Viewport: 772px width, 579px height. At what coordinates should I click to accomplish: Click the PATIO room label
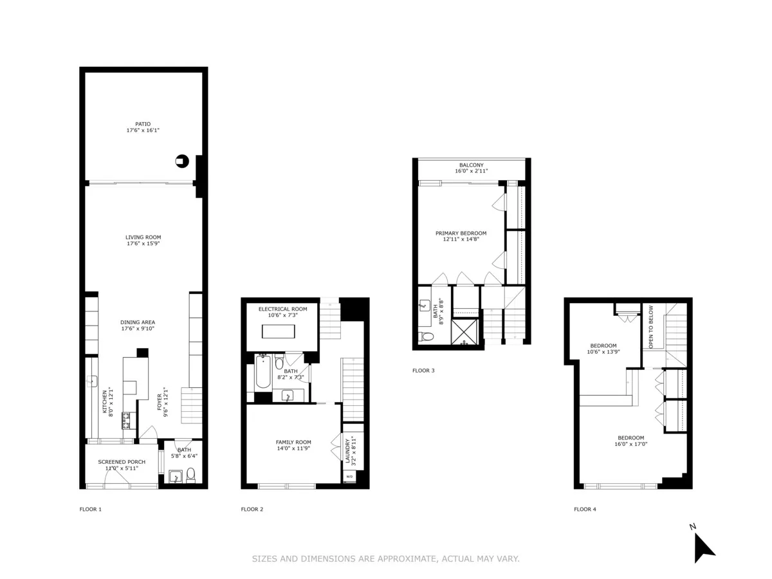143,124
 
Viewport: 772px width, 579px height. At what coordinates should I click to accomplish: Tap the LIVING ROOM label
143,237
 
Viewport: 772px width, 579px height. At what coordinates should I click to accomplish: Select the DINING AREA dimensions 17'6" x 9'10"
138,329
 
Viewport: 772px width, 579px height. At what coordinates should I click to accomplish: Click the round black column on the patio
182,161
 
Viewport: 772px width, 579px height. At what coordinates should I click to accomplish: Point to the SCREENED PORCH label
122,462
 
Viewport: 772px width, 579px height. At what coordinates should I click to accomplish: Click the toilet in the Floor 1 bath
190,476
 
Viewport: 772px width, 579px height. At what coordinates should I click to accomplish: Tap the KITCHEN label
104,402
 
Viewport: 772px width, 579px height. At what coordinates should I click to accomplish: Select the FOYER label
160,402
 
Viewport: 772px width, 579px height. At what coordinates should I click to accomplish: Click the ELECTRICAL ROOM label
283,309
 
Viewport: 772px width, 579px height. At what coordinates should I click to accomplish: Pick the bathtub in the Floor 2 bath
262,373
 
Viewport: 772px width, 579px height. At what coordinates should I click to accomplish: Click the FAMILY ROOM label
293,442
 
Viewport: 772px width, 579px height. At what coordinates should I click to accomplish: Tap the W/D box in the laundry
350,477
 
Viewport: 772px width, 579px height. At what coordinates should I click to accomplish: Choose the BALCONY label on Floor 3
472,165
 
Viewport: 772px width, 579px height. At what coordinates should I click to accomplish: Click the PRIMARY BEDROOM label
461,233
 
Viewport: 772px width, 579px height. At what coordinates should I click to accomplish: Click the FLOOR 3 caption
423,371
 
